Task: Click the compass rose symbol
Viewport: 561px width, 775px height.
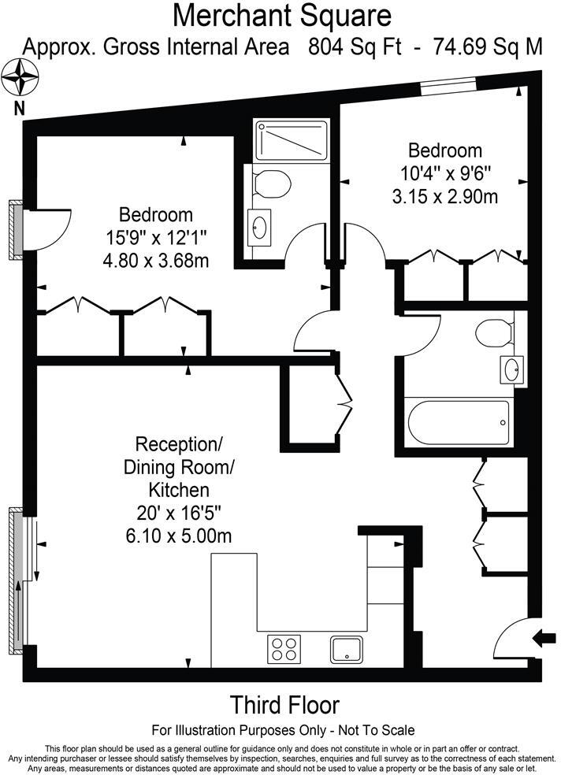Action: tap(20, 78)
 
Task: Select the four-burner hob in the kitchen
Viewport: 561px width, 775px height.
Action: tap(284, 648)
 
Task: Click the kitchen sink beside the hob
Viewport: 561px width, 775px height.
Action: tap(346, 648)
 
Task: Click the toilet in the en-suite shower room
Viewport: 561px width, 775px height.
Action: tap(273, 184)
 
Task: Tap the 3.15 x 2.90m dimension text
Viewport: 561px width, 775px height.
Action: tap(445, 196)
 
